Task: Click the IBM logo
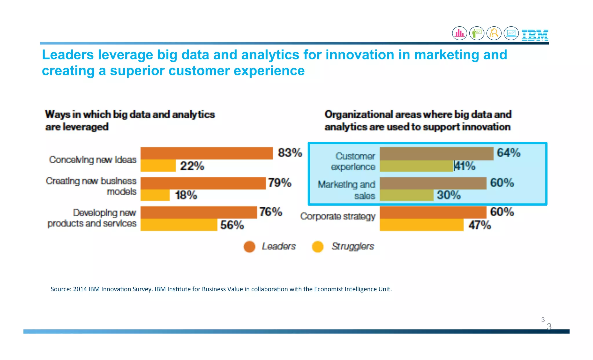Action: (x=535, y=35)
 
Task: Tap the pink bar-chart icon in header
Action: (x=460, y=33)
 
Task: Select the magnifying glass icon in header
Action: (x=494, y=33)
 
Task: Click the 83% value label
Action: (x=290, y=153)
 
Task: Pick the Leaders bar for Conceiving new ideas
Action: (x=206, y=153)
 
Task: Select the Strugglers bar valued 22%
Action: (x=158, y=166)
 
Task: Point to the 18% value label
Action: (x=186, y=195)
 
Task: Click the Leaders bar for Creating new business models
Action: (x=203, y=183)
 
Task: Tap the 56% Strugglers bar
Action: (x=179, y=225)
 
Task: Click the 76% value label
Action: (x=270, y=212)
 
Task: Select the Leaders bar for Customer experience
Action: (x=436, y=153)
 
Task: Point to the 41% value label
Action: (x=465, y=166)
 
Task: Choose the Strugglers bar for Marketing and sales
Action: (x=407, y=195)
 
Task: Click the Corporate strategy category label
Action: (x=338, y=216)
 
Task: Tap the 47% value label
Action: (x=480, y=225)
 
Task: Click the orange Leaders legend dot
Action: (x=249, y=247)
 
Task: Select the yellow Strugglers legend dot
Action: (x=318, y=247)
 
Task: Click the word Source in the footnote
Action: (x=60, y=289)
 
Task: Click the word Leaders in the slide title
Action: (x=68, y=55)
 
